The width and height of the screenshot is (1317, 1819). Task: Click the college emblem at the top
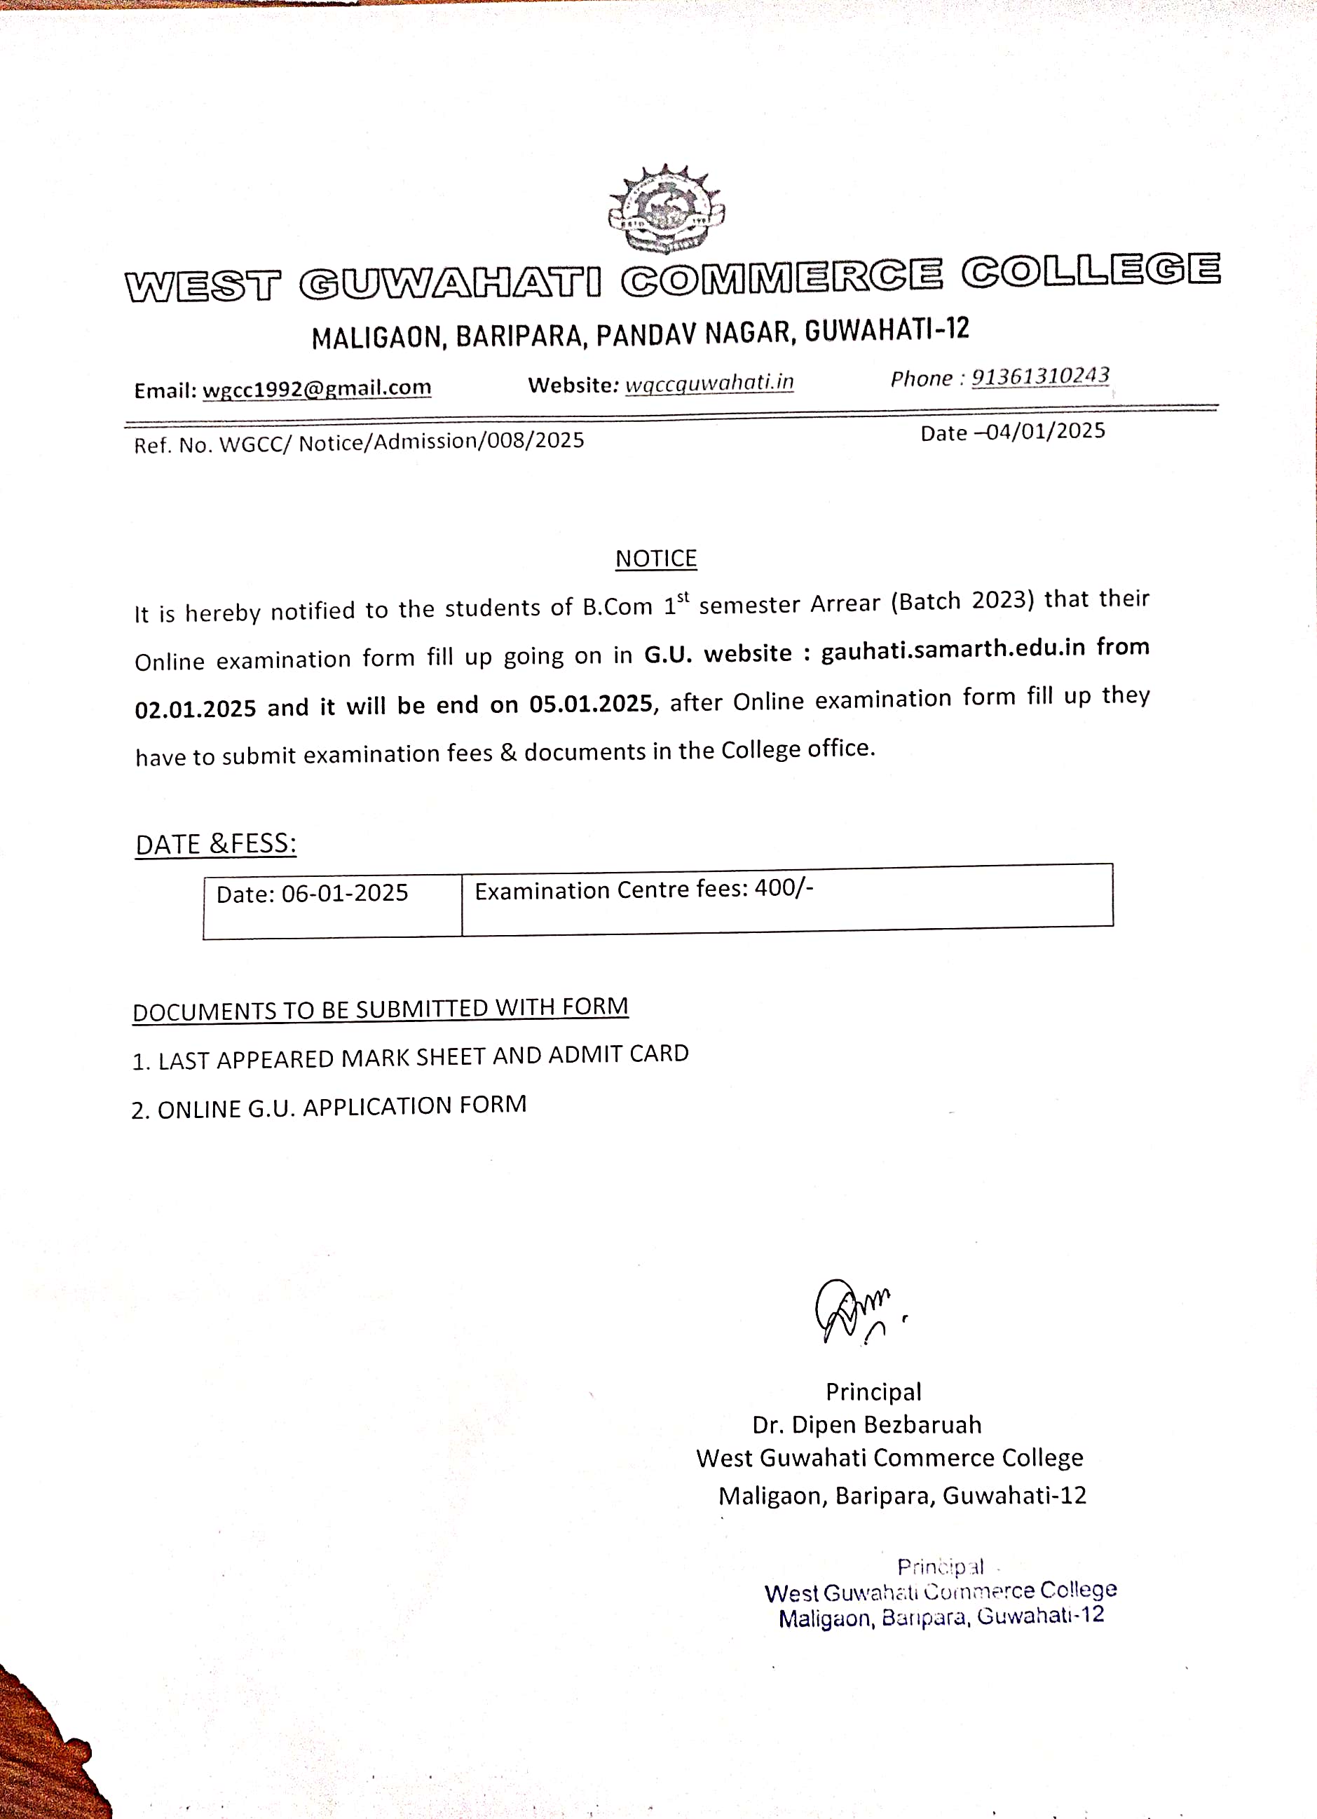pos(667,208)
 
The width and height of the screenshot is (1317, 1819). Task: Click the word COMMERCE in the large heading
pos(782,278)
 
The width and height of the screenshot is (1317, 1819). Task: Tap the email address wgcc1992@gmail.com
pos(317,388)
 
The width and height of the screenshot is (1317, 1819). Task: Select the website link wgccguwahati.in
pos(709,383)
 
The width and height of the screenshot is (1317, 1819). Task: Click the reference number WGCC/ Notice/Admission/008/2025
pos(401,442)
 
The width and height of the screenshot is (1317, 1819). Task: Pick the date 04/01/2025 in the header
pos(1045,432)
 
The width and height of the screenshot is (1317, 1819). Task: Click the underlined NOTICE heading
pos(656,558)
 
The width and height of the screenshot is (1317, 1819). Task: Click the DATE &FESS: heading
pos(216,845)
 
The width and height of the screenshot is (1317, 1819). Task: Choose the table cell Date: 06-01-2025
pos(312,894)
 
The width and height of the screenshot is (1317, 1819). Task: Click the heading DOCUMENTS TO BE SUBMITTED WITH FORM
pos(380,1009)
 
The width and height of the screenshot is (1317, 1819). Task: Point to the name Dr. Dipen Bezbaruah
pos(866,1424)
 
